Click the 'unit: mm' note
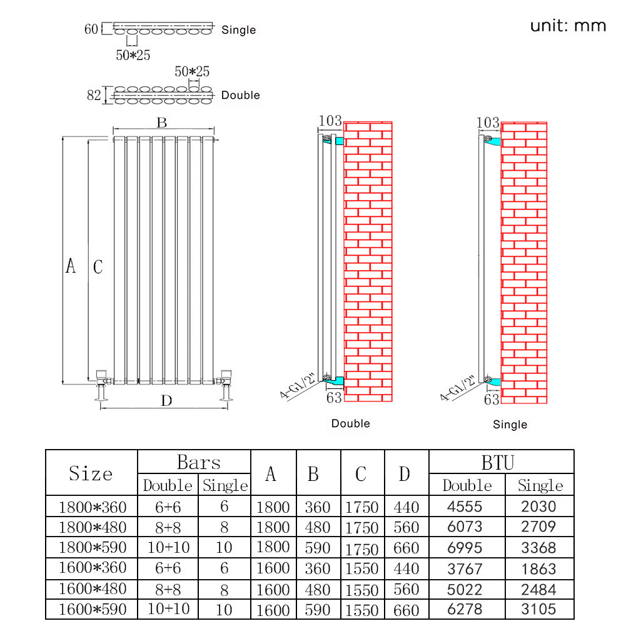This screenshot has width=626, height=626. point(568,26)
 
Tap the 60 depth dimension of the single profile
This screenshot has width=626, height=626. point(91,29)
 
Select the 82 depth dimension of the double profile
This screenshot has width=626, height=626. point(94,96)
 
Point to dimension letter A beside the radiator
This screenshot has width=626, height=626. point(71,266)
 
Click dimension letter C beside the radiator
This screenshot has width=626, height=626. point(98,267)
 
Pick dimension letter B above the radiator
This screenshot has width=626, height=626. point(162,123)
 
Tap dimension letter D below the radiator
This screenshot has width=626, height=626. point(166,401)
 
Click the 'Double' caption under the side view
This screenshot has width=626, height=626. point(351,423)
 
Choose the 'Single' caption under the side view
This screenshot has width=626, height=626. point(510,425)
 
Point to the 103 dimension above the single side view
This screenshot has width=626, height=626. point(488,123)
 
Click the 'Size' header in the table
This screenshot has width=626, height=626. point(91,473)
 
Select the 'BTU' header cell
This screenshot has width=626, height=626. point(498,463)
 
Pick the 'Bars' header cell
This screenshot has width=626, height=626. point(199,463)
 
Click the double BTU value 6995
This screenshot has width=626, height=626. point(466,548)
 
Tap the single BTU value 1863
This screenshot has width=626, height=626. point(538,568)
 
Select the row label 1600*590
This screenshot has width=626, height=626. point(93,609)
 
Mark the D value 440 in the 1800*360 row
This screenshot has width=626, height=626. point(406,507)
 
